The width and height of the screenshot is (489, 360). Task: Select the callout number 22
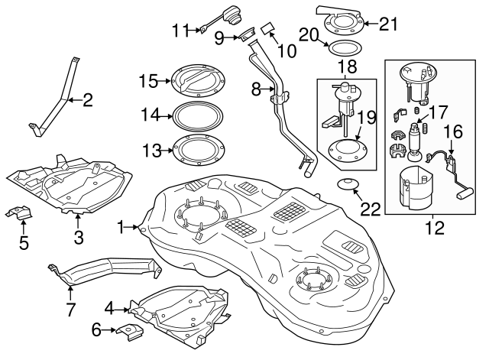(x=370, y=209)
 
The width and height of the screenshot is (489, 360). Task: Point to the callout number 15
(x=149, y=80)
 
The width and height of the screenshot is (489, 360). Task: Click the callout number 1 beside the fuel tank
(x=121, y=227)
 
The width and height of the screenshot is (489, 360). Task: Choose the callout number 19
(x=365, y=118)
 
